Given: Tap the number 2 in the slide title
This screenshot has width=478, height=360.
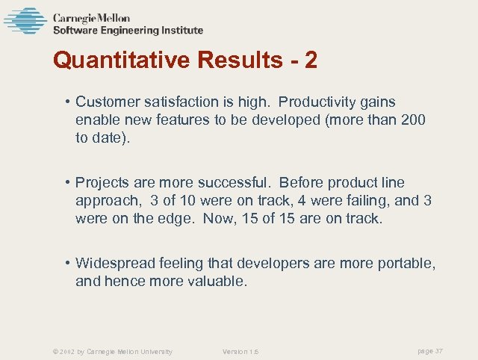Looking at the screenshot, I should (x=310, y=60).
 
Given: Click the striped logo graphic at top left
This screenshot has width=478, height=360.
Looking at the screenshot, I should (x=25, y=21).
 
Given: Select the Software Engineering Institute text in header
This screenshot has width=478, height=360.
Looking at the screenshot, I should (x=128, y=31).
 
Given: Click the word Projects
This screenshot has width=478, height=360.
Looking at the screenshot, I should (x=102, y=183).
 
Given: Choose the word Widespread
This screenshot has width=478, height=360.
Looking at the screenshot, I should (x=112, y=264).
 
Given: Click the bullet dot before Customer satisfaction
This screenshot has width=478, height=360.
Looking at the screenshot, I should (x=67, y=102).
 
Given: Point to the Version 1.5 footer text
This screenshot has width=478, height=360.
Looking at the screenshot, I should (x=240, y=352).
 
